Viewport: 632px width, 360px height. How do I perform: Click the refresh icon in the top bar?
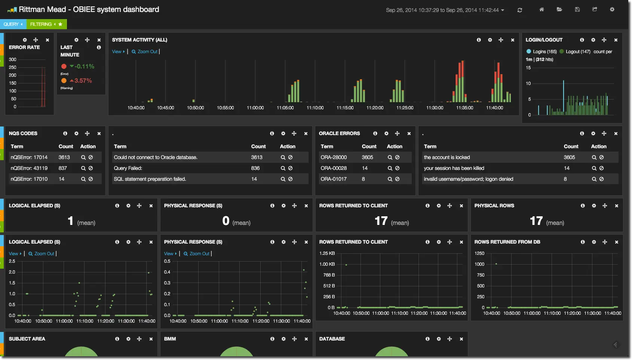click(520, 10)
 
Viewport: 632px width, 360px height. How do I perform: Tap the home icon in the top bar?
click(542, 10)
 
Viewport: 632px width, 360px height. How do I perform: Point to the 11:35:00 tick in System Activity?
click(464, 108)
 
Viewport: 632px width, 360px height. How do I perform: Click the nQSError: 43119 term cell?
click(29, 168)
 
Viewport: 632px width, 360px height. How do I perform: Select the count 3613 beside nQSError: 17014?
click(64, 157)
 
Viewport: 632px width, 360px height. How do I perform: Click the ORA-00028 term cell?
click(334, 168)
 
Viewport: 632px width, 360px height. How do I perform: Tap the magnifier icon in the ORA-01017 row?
click(390, 179)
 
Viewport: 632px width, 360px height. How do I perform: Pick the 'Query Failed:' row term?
click(128, 168)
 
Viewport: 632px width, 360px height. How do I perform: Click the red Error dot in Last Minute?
click(64, 66)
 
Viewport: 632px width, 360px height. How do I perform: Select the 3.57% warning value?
click(83, 81)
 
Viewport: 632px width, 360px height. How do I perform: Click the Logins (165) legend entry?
click(542, 52)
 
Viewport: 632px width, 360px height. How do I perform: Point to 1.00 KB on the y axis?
click(327, 264)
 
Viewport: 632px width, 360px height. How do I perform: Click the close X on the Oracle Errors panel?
click(409, 134)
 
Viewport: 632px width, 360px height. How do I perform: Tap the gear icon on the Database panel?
click(439, 339)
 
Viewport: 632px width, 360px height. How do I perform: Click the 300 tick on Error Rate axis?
click(12, 60)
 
